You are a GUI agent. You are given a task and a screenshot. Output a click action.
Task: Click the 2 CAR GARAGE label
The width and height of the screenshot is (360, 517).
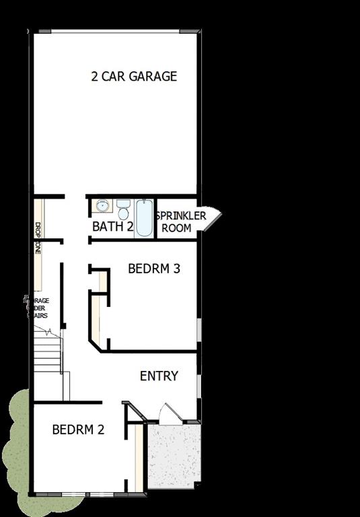(x=134, y=76)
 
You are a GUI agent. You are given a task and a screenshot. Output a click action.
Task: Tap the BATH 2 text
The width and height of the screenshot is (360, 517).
(x=112, y=226)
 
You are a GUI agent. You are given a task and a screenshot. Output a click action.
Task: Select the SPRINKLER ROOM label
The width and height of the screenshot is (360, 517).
(x=181, y=221)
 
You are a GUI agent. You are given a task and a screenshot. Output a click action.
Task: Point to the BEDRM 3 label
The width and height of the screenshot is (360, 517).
(x=154, y=269)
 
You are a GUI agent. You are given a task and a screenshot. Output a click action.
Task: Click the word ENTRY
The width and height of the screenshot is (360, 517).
(x=159, y=376)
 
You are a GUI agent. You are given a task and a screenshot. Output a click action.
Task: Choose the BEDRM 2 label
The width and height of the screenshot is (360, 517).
(x=78, y=429)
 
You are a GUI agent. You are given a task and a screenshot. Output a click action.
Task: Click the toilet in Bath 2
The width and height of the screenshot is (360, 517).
(x=123, y=209)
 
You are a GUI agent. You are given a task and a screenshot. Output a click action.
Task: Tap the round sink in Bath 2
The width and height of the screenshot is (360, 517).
(x=102, y=206)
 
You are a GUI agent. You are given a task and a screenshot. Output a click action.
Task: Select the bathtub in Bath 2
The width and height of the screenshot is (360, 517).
(x=145, y=217)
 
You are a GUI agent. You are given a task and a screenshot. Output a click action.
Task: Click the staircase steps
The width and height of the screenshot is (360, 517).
(x=48, y=353)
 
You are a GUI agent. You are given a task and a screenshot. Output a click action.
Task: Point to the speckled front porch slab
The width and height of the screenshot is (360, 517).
(x=174, y=456)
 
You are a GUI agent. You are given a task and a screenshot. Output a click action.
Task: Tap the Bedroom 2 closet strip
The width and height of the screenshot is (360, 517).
(x=139, y=458)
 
